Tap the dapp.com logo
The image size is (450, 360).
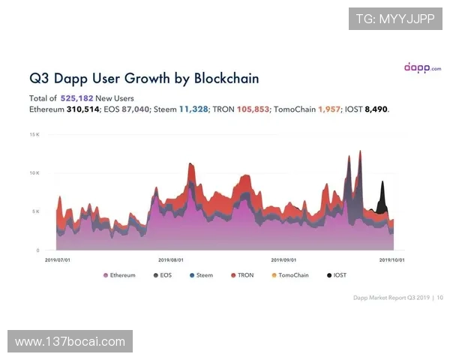pyautogui.click(x=423, y=67)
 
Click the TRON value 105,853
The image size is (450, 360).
pyautogui.click(x=253, y=109)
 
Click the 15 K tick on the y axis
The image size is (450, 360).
pyautogui.click(x=34, y=134)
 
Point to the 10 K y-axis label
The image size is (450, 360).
pyautogui.click(x=34, y=172)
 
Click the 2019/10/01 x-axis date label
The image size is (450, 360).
pyautogui.click(x=392, y=260)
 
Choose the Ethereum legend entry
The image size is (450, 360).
pyautogui.click(x=119, y=275)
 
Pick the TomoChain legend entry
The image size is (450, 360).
pyautogui.click(x=289, y=275)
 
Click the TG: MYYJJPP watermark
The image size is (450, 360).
pyautogui.click(x=395, y=19)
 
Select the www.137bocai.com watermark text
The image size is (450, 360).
pyautogui.click(x=70, y=342)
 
